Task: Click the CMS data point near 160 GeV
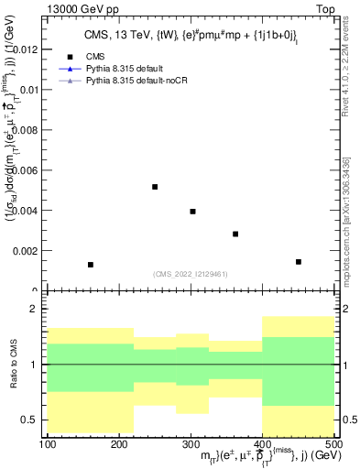91,265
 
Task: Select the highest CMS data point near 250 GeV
155,187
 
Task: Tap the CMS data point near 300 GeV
192,212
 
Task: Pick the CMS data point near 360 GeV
235,234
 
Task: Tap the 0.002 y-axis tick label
27,250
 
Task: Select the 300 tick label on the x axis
191,444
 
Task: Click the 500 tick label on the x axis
333,444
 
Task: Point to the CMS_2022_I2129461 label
191,273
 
